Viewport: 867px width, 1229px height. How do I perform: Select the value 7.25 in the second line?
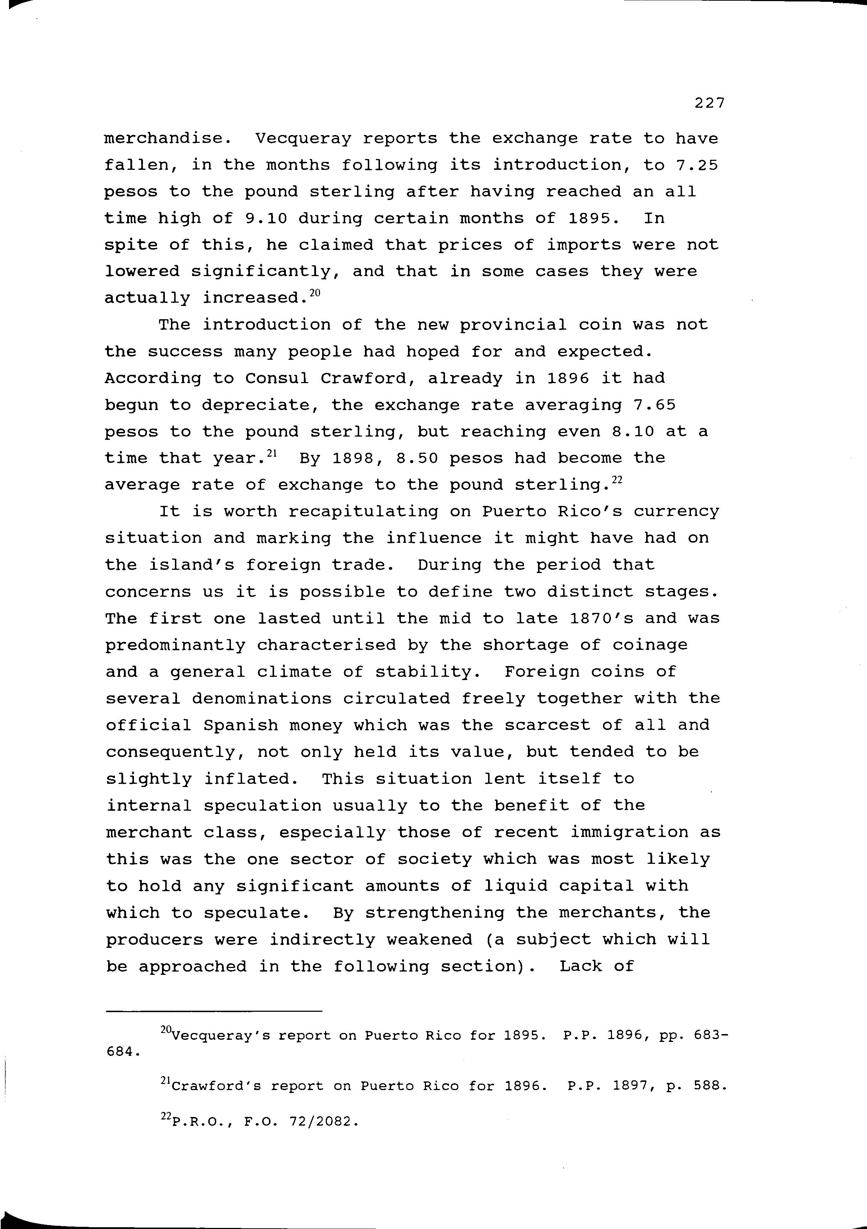(x=696, y=165)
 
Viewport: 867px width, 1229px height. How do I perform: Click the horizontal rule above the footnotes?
(x=214, y=1011)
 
